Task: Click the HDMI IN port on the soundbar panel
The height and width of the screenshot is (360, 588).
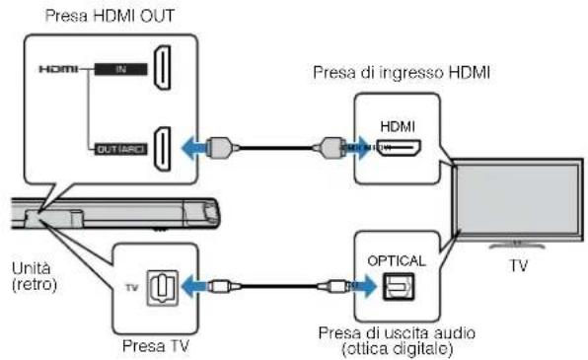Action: [x=165, y=72]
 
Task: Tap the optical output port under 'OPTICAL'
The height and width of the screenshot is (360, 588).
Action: [x=400, y=286]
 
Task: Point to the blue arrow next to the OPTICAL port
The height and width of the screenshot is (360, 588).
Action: [x=365, y=287]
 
